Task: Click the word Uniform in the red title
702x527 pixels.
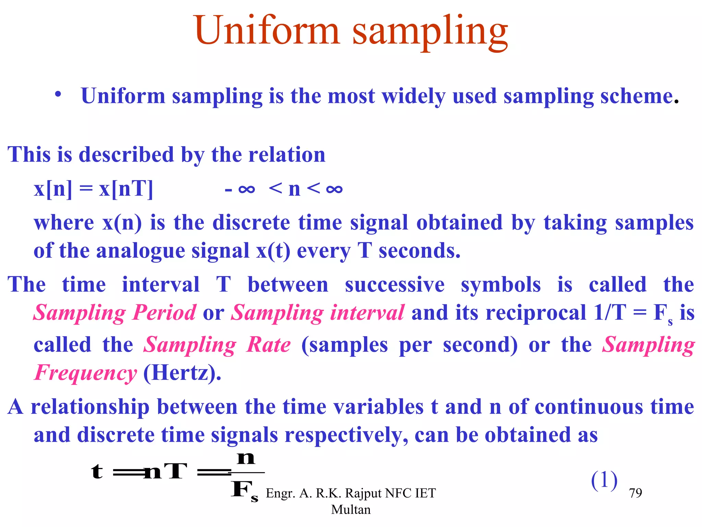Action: (267, 31)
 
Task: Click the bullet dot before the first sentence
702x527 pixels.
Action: (58, 94)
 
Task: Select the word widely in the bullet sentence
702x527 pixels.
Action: (413, 96)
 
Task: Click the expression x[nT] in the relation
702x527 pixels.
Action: (126, 189)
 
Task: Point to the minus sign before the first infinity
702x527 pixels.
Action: (229, 190)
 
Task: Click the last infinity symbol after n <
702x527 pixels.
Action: (334, 189)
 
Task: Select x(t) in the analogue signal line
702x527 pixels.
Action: (273, 250)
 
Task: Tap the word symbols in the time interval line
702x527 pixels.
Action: (500, 285)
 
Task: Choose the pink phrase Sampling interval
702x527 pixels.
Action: (317, 313)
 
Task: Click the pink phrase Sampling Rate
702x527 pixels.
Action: (217, 345)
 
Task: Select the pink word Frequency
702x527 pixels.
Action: (86, 373)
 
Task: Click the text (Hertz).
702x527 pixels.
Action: (182, 373)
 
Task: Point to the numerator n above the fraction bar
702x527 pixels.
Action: (246, 458)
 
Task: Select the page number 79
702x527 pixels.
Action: (636, 493)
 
